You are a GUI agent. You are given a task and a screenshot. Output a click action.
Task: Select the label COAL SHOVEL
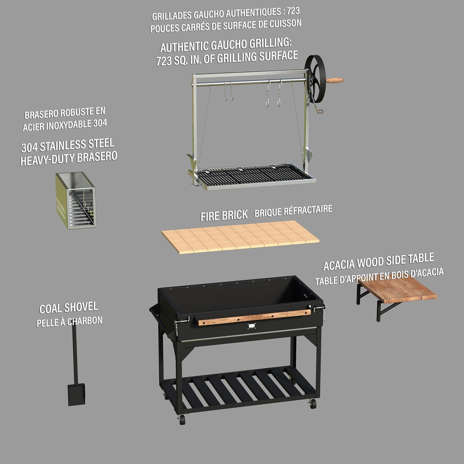click(x=69, y=308)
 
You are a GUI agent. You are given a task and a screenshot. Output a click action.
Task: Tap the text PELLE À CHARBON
click(x=69, y=322)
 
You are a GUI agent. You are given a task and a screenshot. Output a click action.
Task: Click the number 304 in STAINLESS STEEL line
click(x=29, y=148)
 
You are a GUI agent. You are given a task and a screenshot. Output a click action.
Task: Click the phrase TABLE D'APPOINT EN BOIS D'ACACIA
click(x=379, y=277)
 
